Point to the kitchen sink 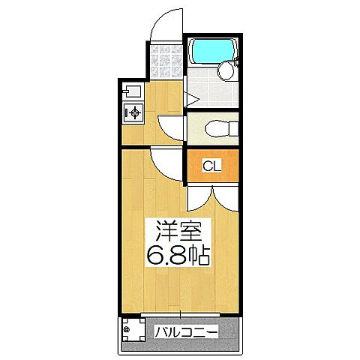130,92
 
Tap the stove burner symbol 133,113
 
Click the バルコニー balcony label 187,331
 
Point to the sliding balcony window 180,312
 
